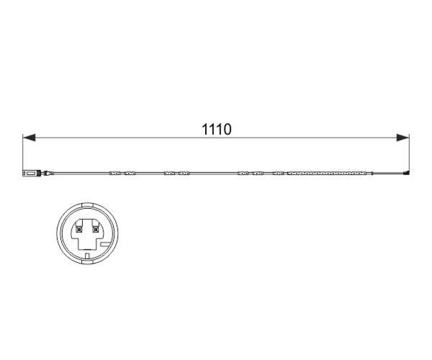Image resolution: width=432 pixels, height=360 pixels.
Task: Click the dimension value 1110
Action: [216, 130]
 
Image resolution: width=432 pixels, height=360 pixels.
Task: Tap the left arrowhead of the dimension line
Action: [29, 138]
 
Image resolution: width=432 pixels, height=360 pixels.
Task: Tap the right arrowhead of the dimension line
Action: [403, 138]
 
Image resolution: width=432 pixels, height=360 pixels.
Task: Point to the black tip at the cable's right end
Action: [406, 173]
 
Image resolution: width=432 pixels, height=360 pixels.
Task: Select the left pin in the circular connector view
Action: [79, 229]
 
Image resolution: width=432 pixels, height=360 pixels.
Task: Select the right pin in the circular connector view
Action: [95, 229]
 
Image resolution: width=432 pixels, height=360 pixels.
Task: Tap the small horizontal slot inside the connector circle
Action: [106, 244]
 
